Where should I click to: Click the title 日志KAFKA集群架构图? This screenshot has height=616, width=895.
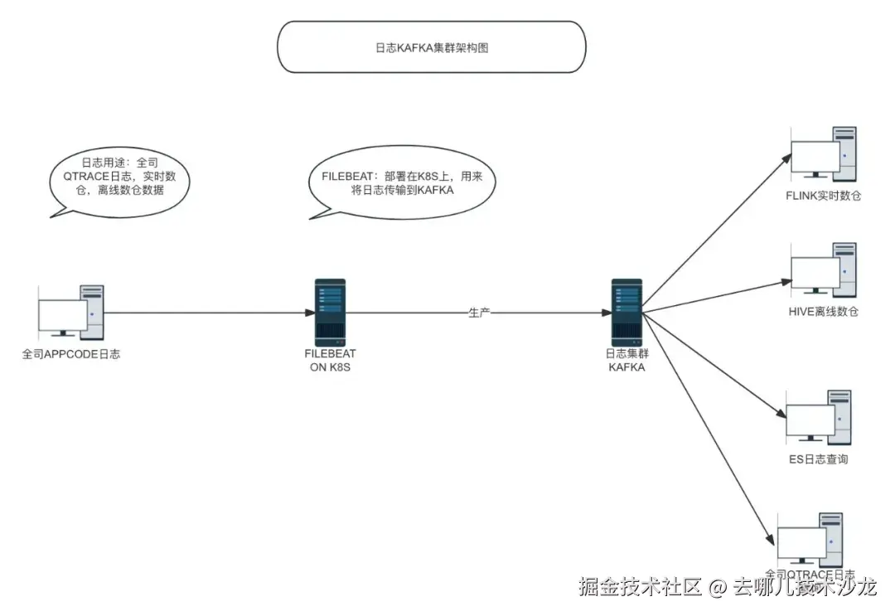coord(431,47)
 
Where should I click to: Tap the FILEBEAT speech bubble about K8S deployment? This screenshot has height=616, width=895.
coord(404,182)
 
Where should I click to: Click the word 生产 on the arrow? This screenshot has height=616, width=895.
coord(480,313)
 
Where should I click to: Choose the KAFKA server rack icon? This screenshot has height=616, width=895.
coord(626,312)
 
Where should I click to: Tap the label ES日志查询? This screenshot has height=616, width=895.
coord(818,458)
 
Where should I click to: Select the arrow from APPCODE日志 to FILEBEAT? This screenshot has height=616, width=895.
coord(207,313)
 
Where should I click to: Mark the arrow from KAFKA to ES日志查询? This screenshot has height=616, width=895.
coord(713,365)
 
